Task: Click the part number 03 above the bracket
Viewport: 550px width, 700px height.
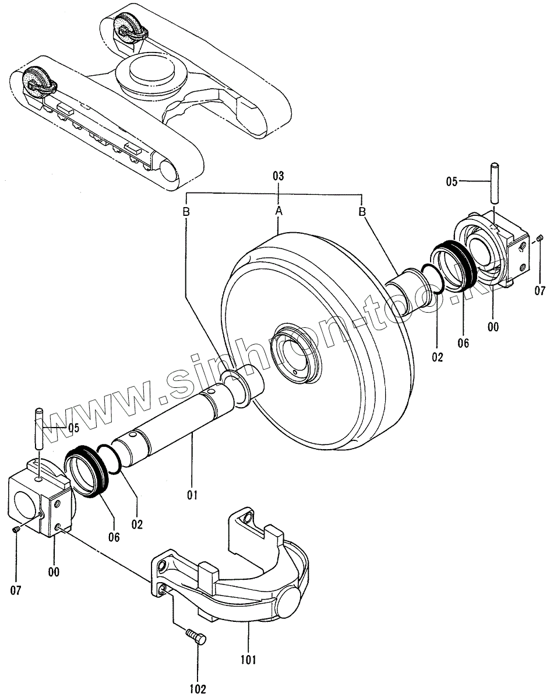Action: click(x=278, y=176)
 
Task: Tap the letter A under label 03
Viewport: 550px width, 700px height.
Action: click(x=279, y=211)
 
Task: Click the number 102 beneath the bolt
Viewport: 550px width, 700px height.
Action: click(x=198, y=688)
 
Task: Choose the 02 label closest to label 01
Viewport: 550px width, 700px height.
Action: click(x=137, y=523)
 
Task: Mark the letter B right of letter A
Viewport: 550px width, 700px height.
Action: click(x=362, y=211)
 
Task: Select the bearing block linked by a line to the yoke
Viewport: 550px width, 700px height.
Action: click(x=40, y=499)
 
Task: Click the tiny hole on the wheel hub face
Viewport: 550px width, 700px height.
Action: click(x=296, y=371)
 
